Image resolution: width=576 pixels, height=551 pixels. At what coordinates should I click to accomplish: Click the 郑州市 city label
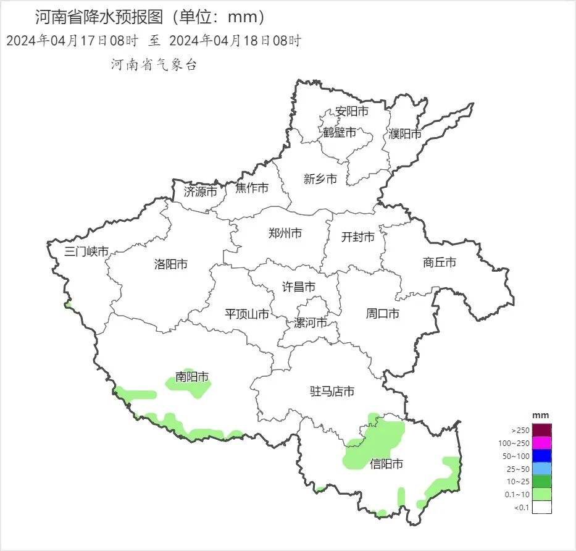pos(285,233)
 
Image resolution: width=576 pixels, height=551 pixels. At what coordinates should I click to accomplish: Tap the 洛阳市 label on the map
pos(171,264)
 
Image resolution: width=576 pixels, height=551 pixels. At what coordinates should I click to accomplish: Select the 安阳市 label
pos(352,111)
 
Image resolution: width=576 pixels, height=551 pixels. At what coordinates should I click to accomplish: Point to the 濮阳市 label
pos(405,133)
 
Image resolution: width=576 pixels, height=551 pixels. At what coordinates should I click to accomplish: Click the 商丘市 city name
pos(440,262)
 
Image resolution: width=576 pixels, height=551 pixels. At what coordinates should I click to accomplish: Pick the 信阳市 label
pos(386,463)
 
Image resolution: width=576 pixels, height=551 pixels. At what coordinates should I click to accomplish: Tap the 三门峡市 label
pos(87,251)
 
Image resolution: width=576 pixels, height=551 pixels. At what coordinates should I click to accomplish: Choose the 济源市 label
pos(201,191)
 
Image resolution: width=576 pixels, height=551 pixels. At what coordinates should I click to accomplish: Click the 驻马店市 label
pos(332,391)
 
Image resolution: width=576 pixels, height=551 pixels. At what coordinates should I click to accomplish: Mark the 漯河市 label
pos(311,323)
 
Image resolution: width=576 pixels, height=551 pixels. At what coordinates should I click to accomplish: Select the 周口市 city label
pos(383,314)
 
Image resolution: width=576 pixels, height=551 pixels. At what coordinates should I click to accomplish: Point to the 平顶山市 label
pos(247,314)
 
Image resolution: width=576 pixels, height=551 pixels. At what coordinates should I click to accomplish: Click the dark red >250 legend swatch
pos(541,430)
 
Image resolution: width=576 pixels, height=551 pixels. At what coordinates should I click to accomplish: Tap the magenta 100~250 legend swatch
pos(541,443)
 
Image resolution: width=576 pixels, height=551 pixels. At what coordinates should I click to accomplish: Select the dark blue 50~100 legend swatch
pos(541,456)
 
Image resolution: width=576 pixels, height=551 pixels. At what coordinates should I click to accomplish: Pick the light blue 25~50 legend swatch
pos(541,469)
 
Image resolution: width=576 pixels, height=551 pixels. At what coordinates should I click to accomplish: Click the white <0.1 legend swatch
pos(541,507)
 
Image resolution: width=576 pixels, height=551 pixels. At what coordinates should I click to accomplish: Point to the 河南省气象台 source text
pos(154,64)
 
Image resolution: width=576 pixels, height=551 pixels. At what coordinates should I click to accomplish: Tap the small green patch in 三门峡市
pos(68,305)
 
